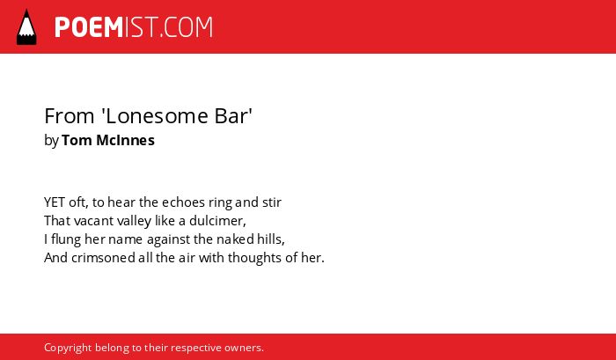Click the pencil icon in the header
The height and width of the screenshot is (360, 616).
point(26,26)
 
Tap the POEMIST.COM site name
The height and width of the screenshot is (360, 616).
point(134,27)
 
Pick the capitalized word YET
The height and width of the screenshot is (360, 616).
point(55,202)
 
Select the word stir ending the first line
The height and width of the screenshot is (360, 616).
point(272,202)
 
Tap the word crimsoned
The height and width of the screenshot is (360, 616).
point(103,258)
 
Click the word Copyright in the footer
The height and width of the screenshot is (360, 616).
point(68,348)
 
